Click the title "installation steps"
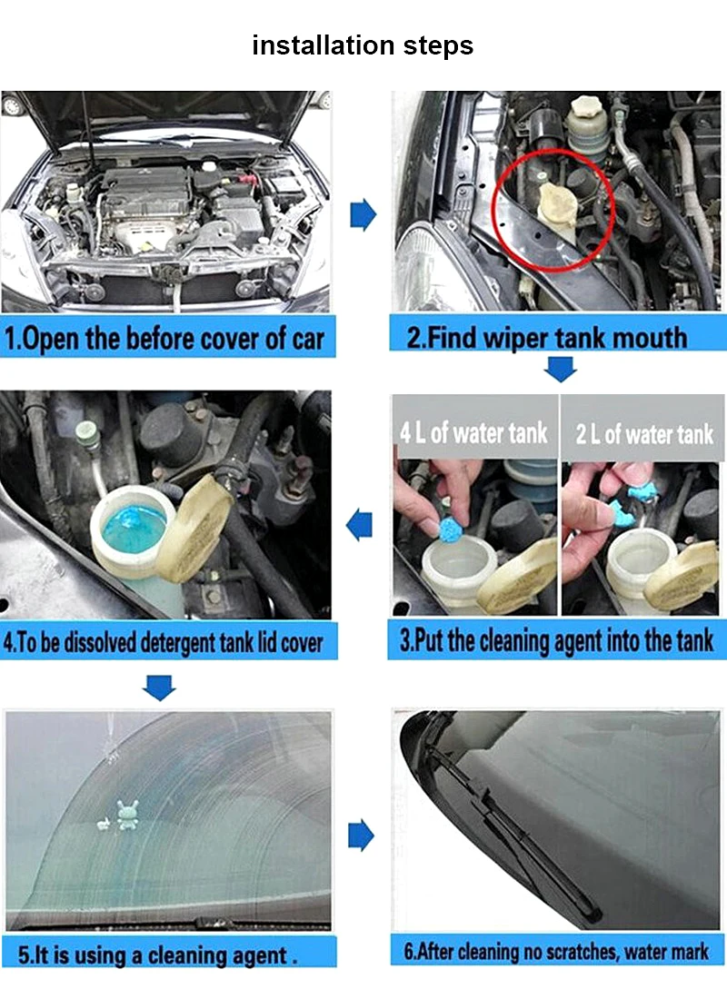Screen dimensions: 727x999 363,45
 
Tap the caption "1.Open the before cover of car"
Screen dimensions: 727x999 164,339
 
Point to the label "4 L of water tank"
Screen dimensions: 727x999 473,433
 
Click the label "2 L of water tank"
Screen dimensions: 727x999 644,434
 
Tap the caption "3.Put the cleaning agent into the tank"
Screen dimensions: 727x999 556,640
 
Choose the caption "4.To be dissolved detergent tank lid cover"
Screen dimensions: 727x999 164,642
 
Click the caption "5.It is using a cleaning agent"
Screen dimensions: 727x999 157,955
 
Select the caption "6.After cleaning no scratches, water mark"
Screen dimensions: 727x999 556,952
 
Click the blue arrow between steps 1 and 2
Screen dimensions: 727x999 363,214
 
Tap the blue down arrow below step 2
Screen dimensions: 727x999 561,369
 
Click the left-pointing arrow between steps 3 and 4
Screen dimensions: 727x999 359,525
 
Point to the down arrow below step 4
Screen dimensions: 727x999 159,688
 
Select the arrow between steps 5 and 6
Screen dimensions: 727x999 362,836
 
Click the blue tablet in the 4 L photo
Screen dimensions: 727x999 453,529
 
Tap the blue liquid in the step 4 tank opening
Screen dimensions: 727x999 134,529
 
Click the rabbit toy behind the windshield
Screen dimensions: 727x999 127,815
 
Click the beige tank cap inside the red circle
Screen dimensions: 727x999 557,203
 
